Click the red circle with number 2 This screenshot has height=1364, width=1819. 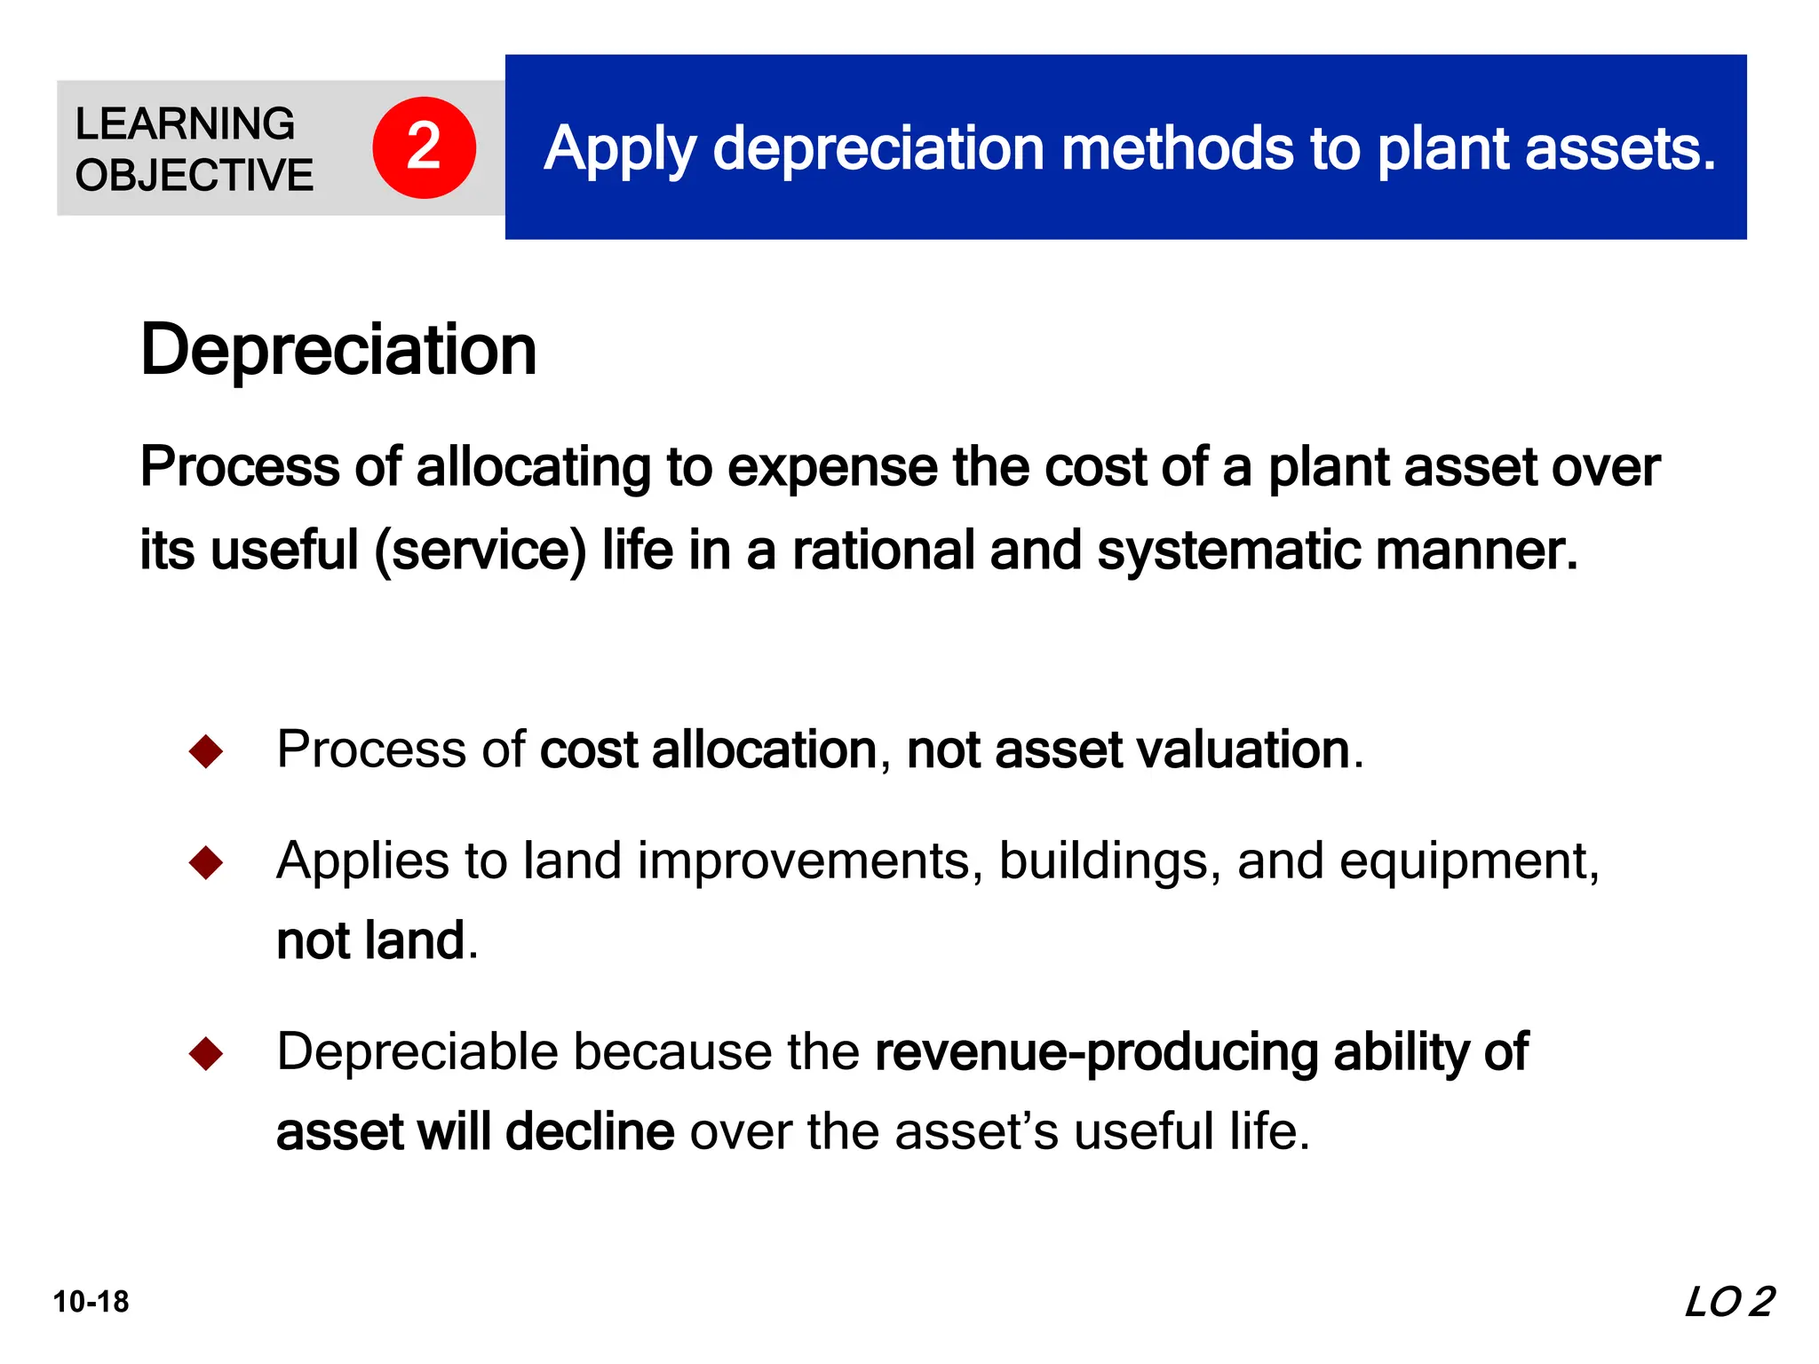point(424,147)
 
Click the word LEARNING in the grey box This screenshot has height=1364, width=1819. point(185,123)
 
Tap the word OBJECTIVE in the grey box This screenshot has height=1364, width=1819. point(195,175)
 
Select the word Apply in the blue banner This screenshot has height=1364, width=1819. point(619,148)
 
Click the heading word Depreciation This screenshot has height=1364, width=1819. point(338,350)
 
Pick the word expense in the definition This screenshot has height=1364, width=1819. point(832,467)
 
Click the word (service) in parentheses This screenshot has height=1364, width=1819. point(481,551)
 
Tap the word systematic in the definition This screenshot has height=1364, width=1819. point(1228,551)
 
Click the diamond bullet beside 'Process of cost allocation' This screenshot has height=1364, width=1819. point(206,751)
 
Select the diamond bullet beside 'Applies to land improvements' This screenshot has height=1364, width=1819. point(206,862)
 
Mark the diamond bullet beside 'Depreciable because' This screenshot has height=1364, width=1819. point(206,1053)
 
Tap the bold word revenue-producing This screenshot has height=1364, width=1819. point(1097,1052)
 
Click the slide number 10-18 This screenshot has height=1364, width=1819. point(91,1302)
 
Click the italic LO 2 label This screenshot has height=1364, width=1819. point(1728,1303)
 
